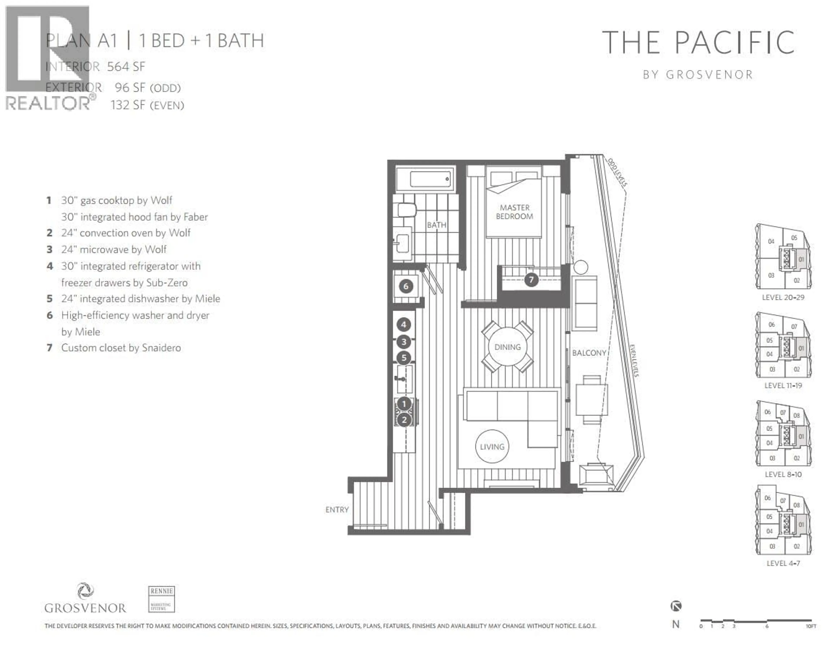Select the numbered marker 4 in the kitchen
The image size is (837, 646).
(403, 325)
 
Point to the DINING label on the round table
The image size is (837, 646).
(507, 347)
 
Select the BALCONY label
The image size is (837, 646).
(589, 353)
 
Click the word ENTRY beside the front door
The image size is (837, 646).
(337, 509)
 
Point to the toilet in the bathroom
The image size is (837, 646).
(407, 210)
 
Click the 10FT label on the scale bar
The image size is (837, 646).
(811, 626)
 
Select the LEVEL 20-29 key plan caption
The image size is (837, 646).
(783, 297)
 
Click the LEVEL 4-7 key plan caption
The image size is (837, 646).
(783, 563)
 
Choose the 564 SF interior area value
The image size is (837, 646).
(126, 67)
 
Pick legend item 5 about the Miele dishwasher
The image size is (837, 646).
(140, 299)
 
